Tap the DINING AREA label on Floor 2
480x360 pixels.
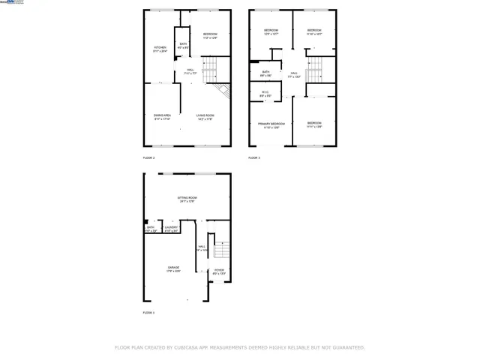[162, 115]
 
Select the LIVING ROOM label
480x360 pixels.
[205, 115]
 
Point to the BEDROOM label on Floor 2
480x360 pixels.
[210, 34]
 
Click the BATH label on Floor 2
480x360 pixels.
[183, 44]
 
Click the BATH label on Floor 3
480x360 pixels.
[265, 72]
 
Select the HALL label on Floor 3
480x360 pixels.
[295, 73]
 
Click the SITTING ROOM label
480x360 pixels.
[187, 198]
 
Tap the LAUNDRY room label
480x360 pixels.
[171, 227]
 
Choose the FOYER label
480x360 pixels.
[218, 270]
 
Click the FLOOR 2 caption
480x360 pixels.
[148, 158]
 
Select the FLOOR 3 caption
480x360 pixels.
[254, 158]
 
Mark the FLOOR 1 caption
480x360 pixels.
[148, 312]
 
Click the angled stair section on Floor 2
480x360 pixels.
[222, 92]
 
